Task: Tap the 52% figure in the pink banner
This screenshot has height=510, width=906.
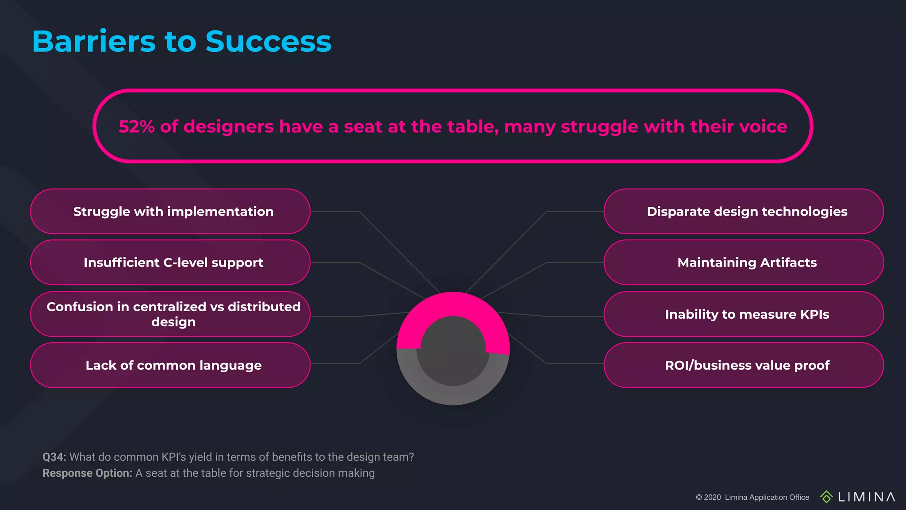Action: click(136, 127)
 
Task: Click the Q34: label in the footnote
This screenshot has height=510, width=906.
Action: click(54, 457)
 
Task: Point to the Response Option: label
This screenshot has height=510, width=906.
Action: click(87, 473)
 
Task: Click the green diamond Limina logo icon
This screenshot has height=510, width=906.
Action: click(826, 497)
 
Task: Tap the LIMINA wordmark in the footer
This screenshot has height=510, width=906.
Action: click(866, 497)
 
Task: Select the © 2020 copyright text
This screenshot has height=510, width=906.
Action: click(708, 497)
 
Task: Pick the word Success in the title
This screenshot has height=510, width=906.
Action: click(268, 42)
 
